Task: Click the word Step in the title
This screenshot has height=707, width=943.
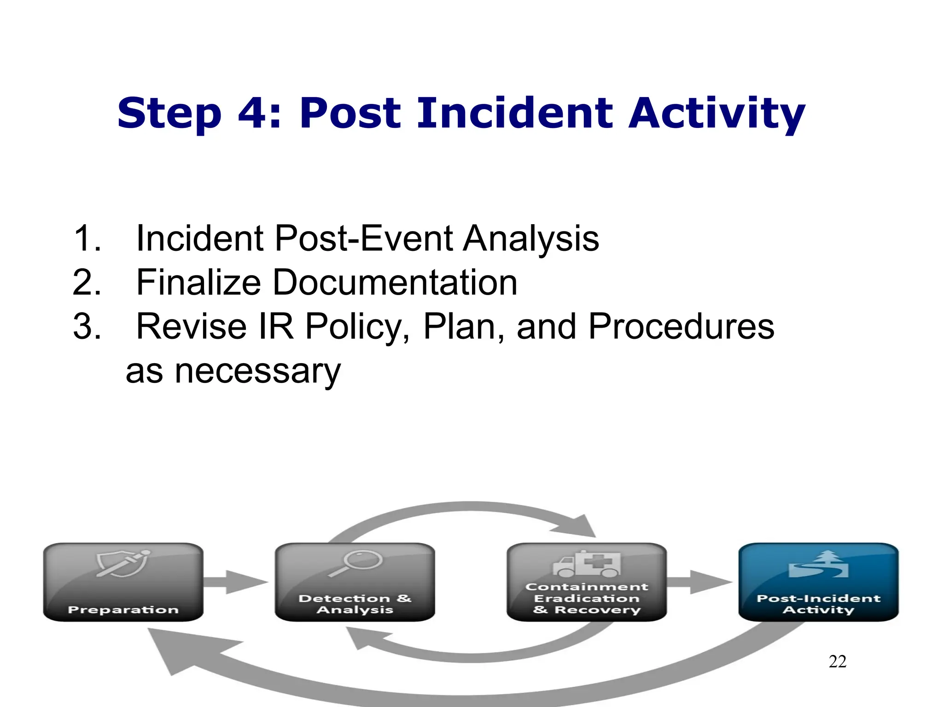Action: tap(169, 114)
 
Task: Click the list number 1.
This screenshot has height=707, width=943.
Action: tap(86, 238)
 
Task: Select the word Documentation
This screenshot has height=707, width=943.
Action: tap(395, 282)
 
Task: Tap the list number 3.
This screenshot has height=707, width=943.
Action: tap(86, 326)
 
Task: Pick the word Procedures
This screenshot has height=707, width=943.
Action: tap(681, 326)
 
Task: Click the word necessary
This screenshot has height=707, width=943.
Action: tap(257, 371)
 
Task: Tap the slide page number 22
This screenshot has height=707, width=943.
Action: tap(837, 661)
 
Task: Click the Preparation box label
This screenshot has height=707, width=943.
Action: tap(123, 609)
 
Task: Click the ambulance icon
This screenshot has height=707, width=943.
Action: tap(587, 564)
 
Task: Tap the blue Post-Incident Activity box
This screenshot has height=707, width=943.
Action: tap(818, 582)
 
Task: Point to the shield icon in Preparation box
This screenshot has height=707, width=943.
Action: tap(122, 562)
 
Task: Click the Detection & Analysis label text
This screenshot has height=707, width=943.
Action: tap(355, 604)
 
